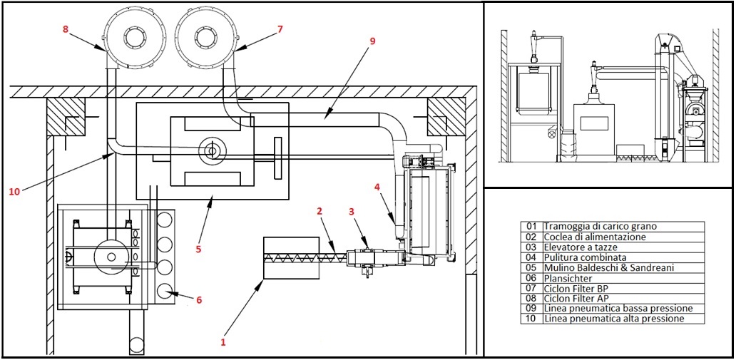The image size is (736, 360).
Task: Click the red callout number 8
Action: coord(66,29)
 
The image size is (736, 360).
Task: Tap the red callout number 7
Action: coord(280,29)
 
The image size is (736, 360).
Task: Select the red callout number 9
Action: coord(372,41)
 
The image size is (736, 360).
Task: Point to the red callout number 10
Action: coord(14,192)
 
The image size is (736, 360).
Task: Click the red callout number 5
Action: coord(198,249)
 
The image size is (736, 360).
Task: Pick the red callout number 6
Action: coord(199,300)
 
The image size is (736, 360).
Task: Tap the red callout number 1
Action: coord(223,343)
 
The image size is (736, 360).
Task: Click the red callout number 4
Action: coord(377,187)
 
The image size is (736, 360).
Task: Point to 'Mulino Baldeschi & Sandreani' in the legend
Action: coord(603,268)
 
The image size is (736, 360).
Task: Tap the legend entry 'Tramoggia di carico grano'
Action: coord(594,227)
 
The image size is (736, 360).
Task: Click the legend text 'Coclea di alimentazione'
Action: coord(588,237)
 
